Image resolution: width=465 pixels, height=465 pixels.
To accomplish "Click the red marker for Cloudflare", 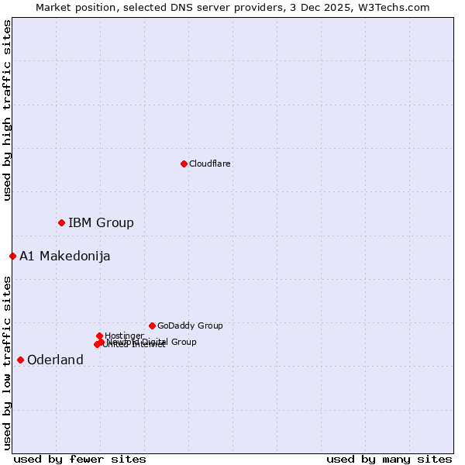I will pos(184,164).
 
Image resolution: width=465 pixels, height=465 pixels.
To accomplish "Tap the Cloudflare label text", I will pos(210,164).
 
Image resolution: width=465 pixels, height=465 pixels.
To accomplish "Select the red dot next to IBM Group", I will pos(61,222).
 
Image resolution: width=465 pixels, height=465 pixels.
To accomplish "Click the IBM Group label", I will pos(101,223).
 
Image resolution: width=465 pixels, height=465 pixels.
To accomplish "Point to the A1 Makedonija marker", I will pos(12,256).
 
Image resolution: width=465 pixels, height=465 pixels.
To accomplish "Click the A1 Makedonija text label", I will pos(65,257).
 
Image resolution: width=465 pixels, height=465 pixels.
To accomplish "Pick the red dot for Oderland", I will pos(20,360).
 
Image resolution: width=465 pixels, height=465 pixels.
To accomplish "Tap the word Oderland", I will pos(55,360).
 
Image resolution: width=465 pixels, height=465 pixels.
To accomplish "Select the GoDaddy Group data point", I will pos(152,325).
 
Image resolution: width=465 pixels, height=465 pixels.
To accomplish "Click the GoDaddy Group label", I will pos(190,325).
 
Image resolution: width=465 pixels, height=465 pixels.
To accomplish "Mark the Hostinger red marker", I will pos(99,336).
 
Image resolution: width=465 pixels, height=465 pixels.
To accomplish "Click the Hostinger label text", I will pos(124,336).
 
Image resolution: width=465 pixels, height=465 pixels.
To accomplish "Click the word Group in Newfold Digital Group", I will pos(184,342).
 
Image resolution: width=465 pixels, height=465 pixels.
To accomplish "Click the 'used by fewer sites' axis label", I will pos(80,459).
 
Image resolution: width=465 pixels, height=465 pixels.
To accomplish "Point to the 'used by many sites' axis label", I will pos(389,459).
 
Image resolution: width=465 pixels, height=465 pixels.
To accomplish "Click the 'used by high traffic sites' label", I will pos(8,110).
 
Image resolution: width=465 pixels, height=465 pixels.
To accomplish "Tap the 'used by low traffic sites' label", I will pos(8,362).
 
